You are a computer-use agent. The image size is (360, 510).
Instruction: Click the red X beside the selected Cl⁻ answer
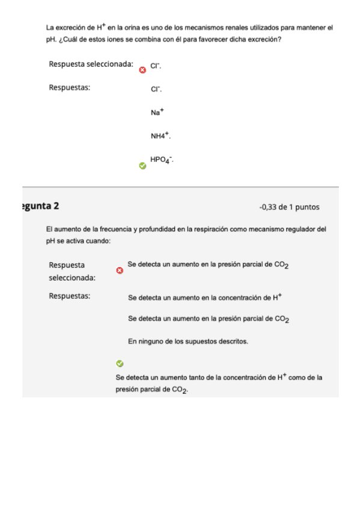click(142, 70)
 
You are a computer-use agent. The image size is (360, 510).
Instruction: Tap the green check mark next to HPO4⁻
click(142, 165)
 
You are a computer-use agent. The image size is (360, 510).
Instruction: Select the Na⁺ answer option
click(157, 112)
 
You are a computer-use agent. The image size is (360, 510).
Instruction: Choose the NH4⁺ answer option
click(160, 136)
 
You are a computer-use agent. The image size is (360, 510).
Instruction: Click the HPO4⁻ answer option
click(162, 159)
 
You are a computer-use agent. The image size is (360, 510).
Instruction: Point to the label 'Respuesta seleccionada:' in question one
click(91, 64)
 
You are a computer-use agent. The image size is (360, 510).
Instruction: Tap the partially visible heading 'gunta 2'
click(40, 206)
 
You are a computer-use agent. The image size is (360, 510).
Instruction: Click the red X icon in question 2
click(119, 271)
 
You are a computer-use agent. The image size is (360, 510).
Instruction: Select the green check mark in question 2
click(119, 363)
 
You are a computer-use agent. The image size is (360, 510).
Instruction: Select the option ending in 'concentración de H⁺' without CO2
click(205, 297)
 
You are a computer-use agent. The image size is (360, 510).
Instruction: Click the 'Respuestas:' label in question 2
click(69, 296)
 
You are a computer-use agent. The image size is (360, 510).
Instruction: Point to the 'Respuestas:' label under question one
click(69, 88)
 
